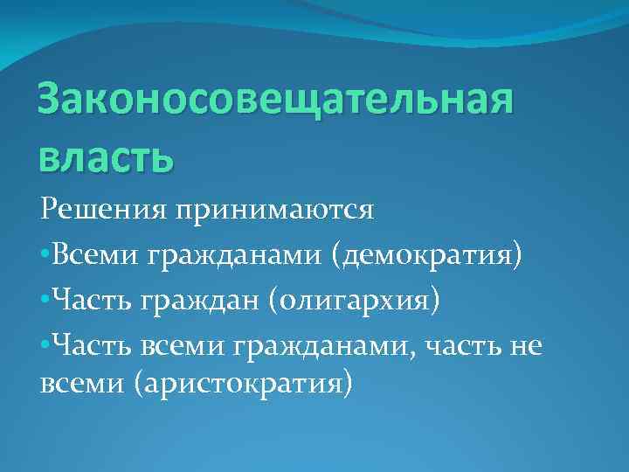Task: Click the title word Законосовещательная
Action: pyautogui.click(x=274, y=102)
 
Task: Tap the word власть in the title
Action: pyautogui.click(x=107, y=158)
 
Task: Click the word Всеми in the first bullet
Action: pyautogui.click(x=94, y=255)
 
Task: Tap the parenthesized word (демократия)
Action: pyautogui.click(x=426, y=255)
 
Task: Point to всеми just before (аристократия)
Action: pyautogui.click(x=82, y=384)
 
